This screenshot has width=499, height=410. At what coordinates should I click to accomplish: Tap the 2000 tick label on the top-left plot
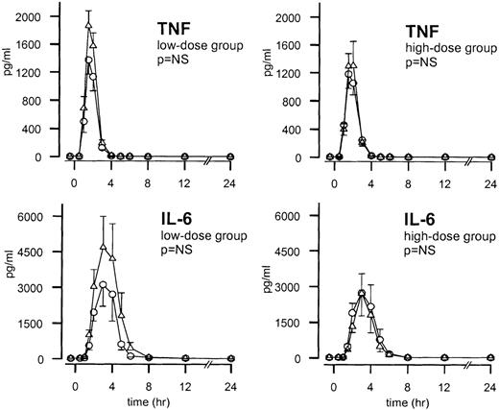pyautogui.click(x=37, y=18)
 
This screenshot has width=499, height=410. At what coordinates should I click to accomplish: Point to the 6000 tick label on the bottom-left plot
pyautogui.click(x=37, y=218)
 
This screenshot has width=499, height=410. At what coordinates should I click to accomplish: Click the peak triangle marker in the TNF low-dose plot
pyautogui.click(x=88, y=26)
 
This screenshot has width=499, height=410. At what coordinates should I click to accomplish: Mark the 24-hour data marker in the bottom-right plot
pyautogui.click(x=489, y=358)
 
